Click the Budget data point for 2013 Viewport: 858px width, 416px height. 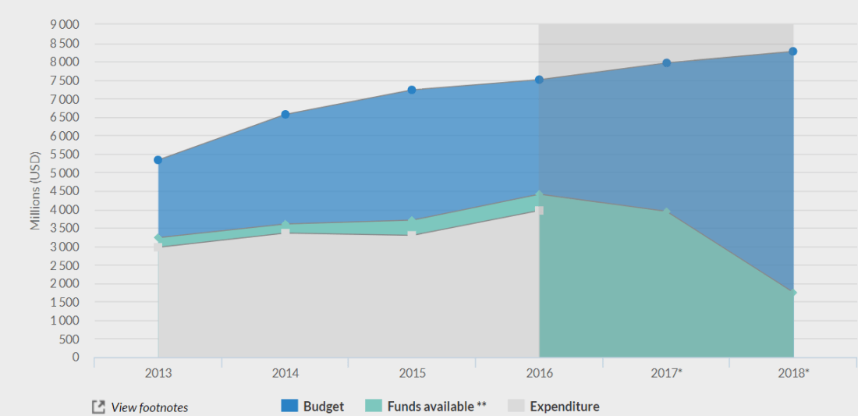point(158,160)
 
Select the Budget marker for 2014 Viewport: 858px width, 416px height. point(285,115)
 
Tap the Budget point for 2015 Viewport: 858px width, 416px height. point(412,90)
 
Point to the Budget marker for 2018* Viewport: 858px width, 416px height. point(792,52)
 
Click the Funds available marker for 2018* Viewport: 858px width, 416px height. point(792,293)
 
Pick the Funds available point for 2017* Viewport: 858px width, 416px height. point(666,212)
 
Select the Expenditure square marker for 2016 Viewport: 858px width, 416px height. point(539,211)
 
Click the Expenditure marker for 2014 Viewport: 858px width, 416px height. point(285,233)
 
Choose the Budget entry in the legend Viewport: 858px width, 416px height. point(313,407)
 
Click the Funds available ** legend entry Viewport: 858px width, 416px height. point(426,407)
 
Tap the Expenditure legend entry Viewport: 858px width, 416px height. point(554,407)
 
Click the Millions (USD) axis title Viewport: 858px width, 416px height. point(35,190)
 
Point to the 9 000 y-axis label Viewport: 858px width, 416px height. point(65,25)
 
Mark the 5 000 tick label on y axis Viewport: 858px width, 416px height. point(65,172)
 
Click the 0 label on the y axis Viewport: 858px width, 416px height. point(75,357)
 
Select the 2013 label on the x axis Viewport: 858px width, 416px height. point(158,373)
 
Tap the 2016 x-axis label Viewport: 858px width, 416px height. point(539,373)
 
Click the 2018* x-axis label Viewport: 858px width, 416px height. point(792,373)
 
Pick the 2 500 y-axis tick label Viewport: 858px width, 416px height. point(65,265)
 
